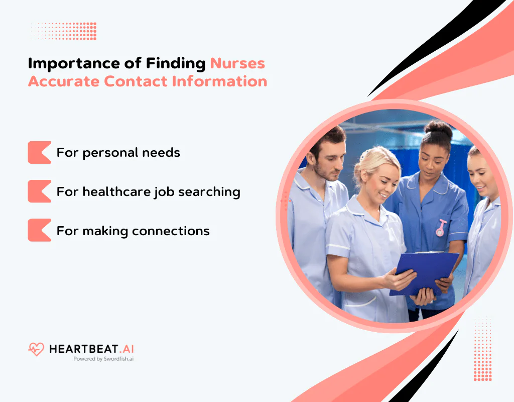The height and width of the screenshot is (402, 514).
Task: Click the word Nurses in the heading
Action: (x=237, y=63)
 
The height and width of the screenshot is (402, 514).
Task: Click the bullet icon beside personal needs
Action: (x=39, y=152)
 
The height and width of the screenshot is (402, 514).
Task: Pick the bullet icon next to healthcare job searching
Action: (x=39, y=191)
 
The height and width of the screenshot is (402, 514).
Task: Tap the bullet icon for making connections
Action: (x=39, y=231)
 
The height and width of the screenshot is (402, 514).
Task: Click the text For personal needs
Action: (x=118, y=152)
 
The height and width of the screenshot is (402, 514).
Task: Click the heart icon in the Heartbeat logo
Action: (x=36, y=349)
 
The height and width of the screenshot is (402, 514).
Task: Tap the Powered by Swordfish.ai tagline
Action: (x=103, y=359)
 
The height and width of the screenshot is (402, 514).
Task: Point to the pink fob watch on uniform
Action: (x=441, y=228)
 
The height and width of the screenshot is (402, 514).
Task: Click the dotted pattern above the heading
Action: (x=63, y=31)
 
